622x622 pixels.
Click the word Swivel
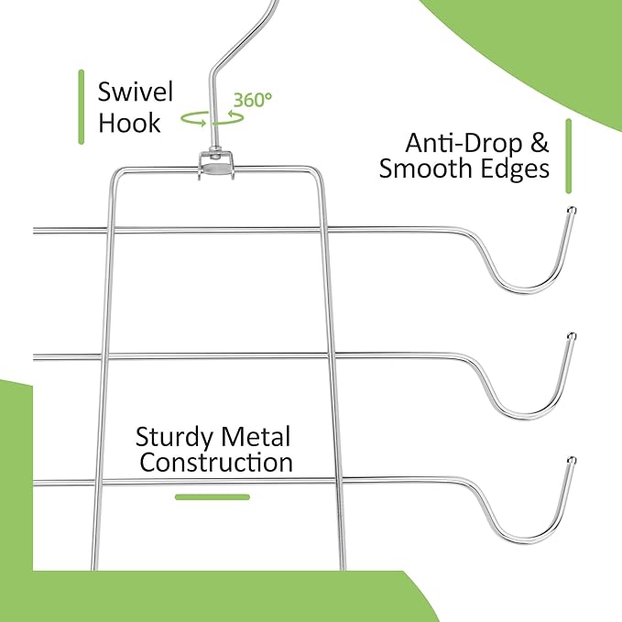136,92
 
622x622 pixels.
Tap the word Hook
129,123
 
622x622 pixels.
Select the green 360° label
253,100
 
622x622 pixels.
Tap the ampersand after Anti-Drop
540,143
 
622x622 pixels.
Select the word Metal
256,437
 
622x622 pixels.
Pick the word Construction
216,463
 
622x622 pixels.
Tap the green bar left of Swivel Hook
82,107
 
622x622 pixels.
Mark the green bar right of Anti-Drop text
569,157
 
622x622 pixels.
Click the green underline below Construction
213,497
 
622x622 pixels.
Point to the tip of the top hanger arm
572,210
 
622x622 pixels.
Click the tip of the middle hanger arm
572,336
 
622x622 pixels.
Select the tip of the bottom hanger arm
572,460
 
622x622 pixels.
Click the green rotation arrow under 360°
237,118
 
